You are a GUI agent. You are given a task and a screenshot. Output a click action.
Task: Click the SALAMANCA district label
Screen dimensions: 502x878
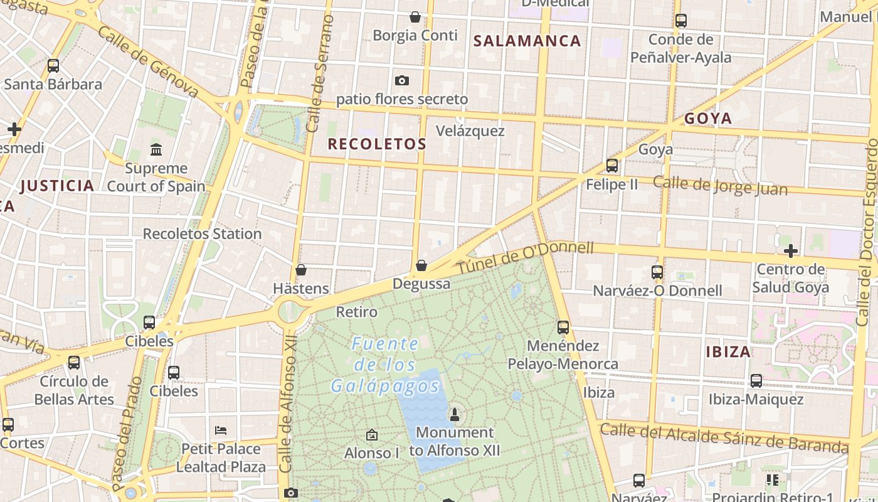527,41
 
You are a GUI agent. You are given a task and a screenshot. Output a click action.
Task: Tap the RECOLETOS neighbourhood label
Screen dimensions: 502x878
377,144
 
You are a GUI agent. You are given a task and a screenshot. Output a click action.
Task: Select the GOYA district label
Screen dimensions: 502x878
708,119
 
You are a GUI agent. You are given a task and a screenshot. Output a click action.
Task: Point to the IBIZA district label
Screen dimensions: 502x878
728,351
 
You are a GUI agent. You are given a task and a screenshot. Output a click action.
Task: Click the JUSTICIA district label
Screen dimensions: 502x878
57,186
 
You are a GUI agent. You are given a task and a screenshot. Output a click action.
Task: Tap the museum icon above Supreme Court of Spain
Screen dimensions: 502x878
156,149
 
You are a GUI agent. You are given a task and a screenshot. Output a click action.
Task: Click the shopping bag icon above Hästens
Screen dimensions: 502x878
301,270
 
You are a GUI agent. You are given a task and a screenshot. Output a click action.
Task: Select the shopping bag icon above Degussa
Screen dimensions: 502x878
421,265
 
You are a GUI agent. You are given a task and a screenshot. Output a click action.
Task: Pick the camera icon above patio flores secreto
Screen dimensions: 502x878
402,80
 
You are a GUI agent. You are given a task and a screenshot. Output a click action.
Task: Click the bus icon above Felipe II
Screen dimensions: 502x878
612,166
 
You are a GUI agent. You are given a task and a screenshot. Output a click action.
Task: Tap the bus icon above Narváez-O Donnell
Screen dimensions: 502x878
657,272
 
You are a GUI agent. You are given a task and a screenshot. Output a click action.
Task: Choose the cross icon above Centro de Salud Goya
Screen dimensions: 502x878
791,251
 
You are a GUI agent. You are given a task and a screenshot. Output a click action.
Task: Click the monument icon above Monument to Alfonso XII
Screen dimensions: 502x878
455,414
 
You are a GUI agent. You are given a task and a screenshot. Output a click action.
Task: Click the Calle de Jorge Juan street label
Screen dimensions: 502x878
720,185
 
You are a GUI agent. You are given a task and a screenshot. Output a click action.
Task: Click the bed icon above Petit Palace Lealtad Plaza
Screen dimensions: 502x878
221,430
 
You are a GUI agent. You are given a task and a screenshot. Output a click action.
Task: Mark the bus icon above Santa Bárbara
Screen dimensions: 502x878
53,65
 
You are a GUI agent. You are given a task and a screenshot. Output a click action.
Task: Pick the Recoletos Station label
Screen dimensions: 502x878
202,233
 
